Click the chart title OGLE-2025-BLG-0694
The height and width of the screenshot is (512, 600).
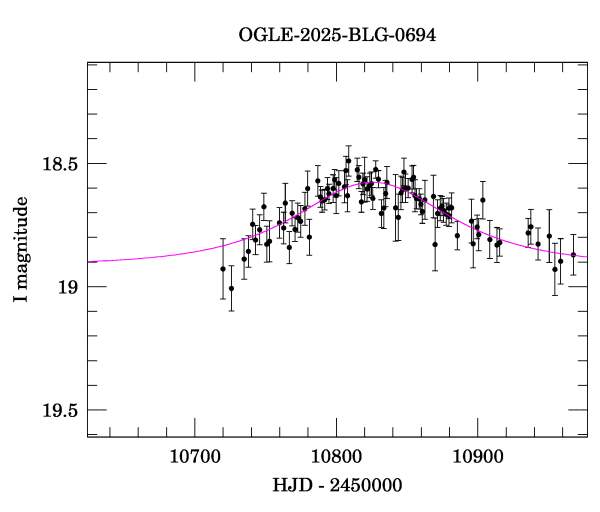[x=337, y=34]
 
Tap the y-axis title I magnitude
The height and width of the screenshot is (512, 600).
[x=21, y=250]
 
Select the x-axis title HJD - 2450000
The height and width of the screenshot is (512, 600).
[x=337, y=485]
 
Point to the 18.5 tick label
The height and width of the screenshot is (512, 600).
[x=58, y=163]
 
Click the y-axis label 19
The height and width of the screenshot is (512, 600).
[x=67, y=287]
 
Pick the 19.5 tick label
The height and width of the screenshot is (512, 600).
[x=58, y=410]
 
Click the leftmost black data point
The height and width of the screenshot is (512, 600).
[x=223, y=269]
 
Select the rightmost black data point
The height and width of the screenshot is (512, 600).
[x=573, y=255]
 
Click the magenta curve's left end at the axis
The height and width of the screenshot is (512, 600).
[x=89, y=261]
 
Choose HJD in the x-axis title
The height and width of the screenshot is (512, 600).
[x=291, y=485]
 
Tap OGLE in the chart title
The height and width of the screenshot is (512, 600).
[x=262, y=34]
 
